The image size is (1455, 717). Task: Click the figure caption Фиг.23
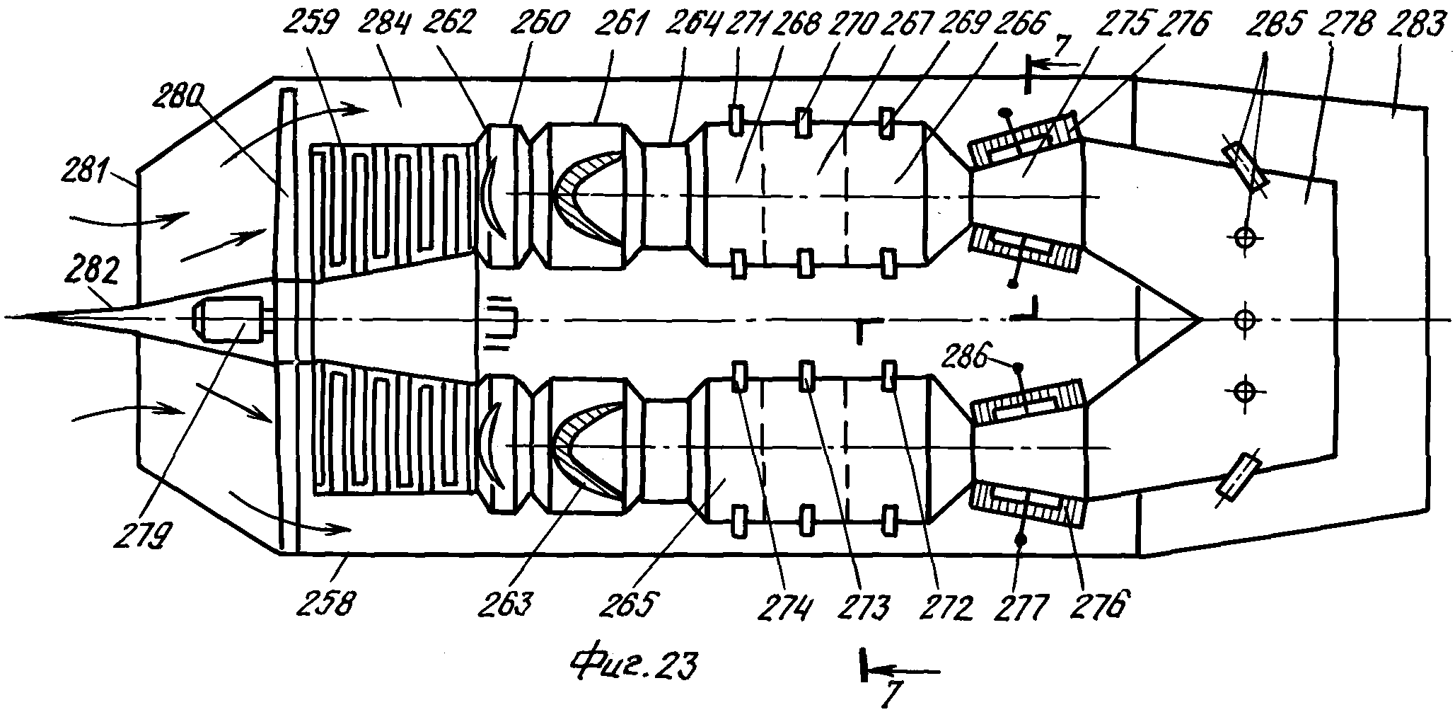pyautogui.click(x=634, y=664)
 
